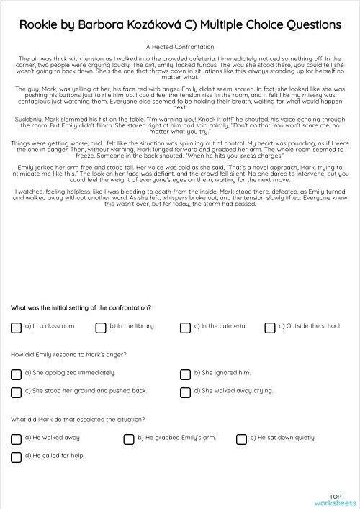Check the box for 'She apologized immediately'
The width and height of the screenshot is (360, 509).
click(16, 374)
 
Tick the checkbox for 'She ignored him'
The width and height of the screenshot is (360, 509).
click(185, 374)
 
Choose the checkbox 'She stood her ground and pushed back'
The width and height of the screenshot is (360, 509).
click(16, 392)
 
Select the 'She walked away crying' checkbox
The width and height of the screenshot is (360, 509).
click(185, 392)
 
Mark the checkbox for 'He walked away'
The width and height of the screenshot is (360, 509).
click(16, 439)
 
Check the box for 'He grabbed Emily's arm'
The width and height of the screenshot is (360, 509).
click(129, 439)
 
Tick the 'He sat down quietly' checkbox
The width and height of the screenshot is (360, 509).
click(241, 439)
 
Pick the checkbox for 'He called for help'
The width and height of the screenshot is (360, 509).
click(16, 457)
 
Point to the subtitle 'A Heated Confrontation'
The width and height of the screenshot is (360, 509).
click(180, 45)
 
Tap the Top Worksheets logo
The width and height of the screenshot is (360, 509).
click(334, 498)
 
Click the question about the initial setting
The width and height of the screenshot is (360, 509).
click(81, 307)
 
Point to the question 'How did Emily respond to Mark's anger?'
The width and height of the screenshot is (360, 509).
click(69, 354)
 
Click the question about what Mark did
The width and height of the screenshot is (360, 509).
click(78, 419)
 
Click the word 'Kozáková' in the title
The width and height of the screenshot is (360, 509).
click(161, 24)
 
